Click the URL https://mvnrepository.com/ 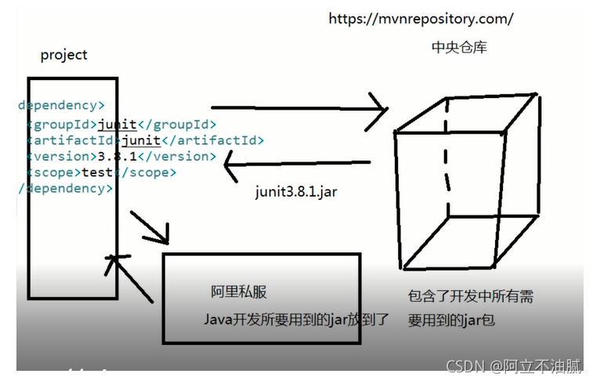421,18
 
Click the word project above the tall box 64,55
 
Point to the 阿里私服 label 239,292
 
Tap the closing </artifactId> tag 212,140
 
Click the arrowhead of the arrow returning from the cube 229,165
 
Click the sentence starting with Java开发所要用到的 297,319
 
